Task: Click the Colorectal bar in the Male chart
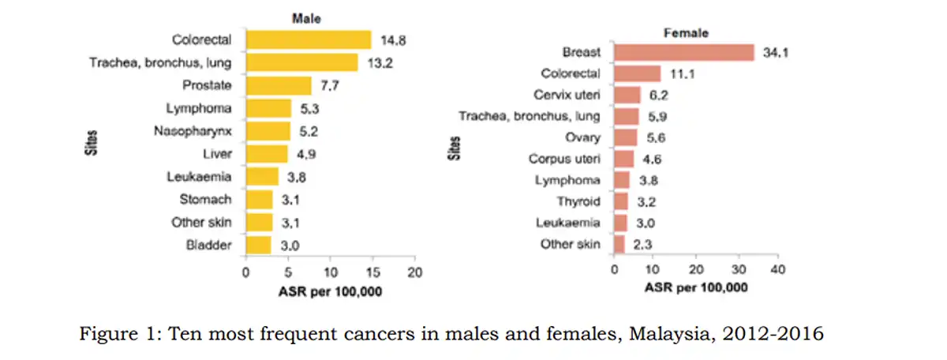coord(309,39)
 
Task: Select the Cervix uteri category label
coord(567,95)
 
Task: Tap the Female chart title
coord(685,33)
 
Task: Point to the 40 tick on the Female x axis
coord(778,270)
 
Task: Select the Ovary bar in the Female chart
coord(625,137)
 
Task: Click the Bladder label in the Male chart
coord(209,245)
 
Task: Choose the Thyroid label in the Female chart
coord(578,201)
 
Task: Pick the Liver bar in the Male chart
coord(267,154)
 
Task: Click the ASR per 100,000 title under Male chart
coord(330,291)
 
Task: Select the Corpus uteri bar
coord(623,159)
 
